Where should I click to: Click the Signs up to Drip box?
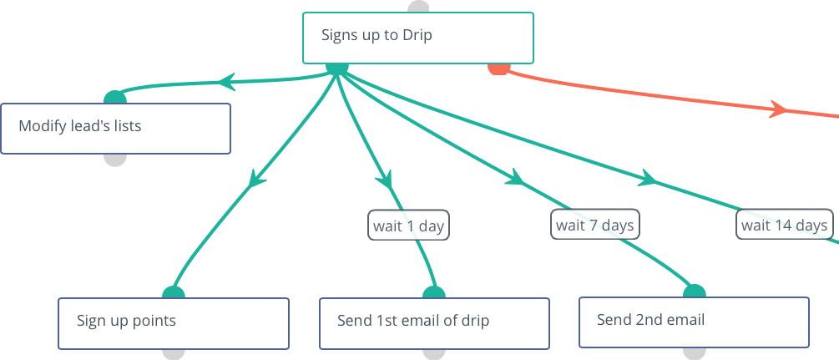pyautogui.click(x=418, y=38)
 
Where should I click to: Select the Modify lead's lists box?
pyautogui.click(x=115, y=129)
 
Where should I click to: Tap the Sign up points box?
pyautogui.click(x=174, y=323)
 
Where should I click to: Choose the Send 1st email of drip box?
pyautogui.click(x=434, y=323)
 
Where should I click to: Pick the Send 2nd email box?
pyautogui.click(x=694, y=322)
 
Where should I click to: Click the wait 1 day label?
pyautogui.click(x=408, y=225)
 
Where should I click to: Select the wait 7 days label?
pyautogui.click(x=595, y=225)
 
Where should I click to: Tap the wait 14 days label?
pyautogui.click(x=785, y=225)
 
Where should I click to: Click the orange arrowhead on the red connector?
pyautogui.click(x=779, y=109)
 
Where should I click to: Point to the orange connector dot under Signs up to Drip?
pyautogui.click(x=498, y=69)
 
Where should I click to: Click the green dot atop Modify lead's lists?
pyautogui.click(x=115, y=98)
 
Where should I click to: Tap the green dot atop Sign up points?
pyautogui.click(x=174, y=292)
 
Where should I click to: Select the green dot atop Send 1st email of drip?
pyautogui.click(x=434, y=292)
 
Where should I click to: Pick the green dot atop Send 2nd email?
pyautogui.click(x=695, y=292)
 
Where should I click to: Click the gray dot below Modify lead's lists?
pyautogui.click(x=115, y=160)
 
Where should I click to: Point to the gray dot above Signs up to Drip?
pyautogui.click(x=418, y=7)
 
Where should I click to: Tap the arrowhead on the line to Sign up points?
pyautogui.click(x=256, y=179)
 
